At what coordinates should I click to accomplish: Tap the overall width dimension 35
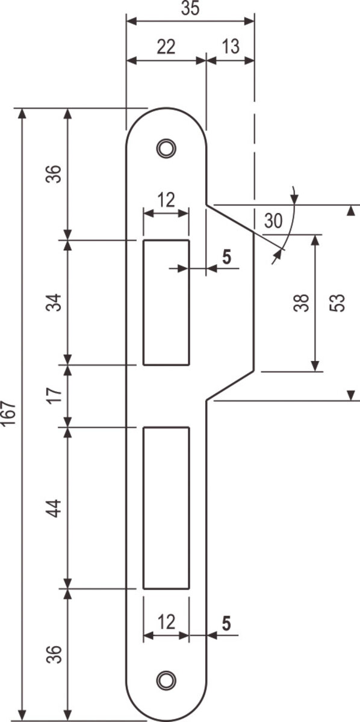pyautogui.click(x=190, y=8)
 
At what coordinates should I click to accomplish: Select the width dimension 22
pyautogui.click(x=166, y=47)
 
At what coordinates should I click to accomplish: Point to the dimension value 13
pyautogui.click(x=231, y=47)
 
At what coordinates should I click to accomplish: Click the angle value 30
pyautogui.click(x=273, y=221)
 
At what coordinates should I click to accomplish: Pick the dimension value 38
pyautogui.click(x=301, y=303)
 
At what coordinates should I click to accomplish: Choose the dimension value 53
pyautogui.click(x=337, y=303)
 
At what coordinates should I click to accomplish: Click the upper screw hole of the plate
pyautogui.click(x=166, y=148)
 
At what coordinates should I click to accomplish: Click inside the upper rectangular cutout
pyautogui.click(x=166, y=302)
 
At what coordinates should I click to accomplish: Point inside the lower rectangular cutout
pyautogui.click(x=166, y=508)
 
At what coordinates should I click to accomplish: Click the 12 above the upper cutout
pyautogui.click(x=166, y=200)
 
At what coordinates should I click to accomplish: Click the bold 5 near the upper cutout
pyautogui.click(x=227, y=258)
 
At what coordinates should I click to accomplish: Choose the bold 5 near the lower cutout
pyautogui.click(x=227, y=623)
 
